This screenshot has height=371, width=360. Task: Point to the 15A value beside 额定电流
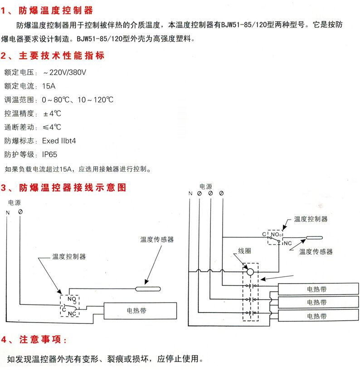tap(49, 86)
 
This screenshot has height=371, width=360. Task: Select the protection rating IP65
tap(49, 154)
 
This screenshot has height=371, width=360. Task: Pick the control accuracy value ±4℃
tap(52, 113)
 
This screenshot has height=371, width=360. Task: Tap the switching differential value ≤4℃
tap(52, 127)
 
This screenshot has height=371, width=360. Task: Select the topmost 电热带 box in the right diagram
tap(316, 289)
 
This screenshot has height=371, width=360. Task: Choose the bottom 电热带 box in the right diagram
tap(316, 316)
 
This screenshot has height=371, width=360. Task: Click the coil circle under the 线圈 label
tap(250, 272)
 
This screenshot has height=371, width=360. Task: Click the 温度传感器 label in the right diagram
tap(316, 252)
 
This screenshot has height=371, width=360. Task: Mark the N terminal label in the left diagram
tap(8, 212)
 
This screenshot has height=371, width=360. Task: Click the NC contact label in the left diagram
tap(72, 313)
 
